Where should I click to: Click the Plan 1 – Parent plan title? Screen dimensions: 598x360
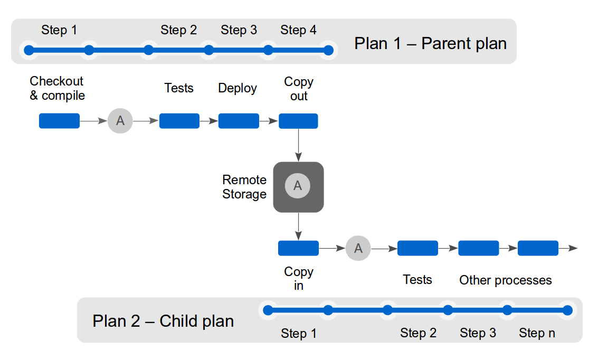pyautogui.click(x=430, y=43)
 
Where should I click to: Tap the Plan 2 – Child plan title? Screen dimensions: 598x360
pyautogui.click(x=163, y=321)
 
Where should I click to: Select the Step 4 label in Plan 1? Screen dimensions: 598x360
pyautogui.click(x=298, y=30)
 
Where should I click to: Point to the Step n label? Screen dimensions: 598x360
pyautogui.click(x=537, y=333)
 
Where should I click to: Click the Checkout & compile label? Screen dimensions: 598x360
pyautogui.click(x=57, y=88)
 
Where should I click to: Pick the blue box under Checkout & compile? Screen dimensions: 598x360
pyautogui.click(x=59, y=121)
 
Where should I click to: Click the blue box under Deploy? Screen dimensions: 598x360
pyautogui.click(x=239, y=121)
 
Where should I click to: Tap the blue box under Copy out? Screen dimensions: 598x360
pyautogui.click(x=298, y=121)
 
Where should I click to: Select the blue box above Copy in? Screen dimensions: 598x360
pyautogui.click(x=298, y=248)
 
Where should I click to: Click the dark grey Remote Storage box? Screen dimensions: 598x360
pyautogui.click(x=298, y=187)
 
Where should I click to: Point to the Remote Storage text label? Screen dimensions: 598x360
pyautogui.click(x=244, y=187)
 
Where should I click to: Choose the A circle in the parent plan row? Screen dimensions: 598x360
pyautogui.click(x=120, y=121)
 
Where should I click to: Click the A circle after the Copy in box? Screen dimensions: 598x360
pyautogui.click(x=358, y=248)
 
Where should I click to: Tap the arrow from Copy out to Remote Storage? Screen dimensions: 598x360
pyautogui.click(x=298, y=145)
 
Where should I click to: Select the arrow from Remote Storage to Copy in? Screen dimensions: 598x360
pyautogui.click(x=298, y=226)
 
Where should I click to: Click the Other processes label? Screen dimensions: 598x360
pyautogui.click(x=505, y=280)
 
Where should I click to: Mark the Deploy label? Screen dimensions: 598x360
pyautogui.click(x=238, y=89)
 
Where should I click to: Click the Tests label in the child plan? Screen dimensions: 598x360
pyautogui.click(x=417, y=280)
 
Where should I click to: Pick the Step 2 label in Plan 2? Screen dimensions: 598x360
pyautogui.click(x=418, y=333)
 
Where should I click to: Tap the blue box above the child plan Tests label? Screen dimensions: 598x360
pyautogui.click(x=417, y=248)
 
